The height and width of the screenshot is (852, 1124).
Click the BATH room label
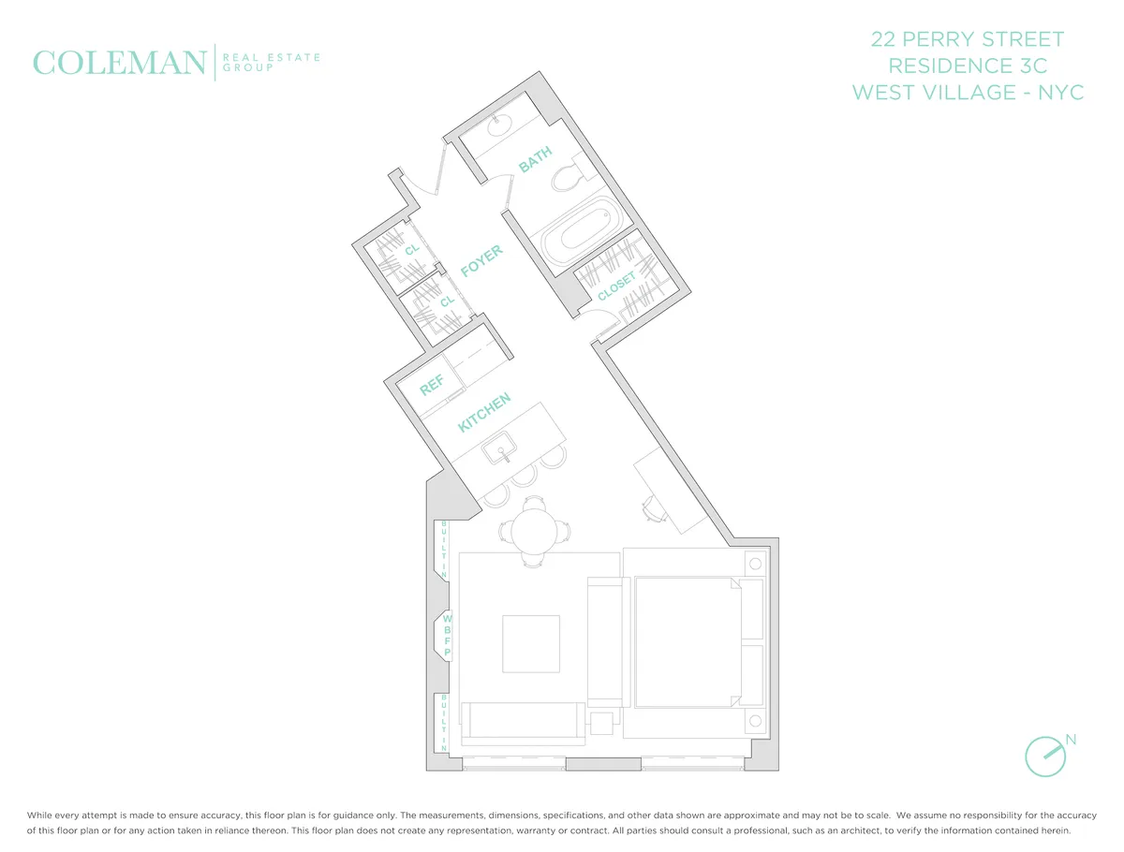(536, 160)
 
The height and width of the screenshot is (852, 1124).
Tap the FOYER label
(482, 261)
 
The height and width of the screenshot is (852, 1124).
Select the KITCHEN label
(484, 413)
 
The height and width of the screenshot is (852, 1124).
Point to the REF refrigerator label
(432, 385)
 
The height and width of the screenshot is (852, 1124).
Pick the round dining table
(534, 531)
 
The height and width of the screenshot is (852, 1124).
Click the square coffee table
(531, 643)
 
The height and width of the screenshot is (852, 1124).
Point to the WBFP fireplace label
(448, 636)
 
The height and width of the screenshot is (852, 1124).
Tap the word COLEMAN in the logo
(119, 63)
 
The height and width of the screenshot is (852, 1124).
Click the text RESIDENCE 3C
(968, 66)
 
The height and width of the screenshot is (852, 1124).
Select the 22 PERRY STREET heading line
(968, 39)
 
